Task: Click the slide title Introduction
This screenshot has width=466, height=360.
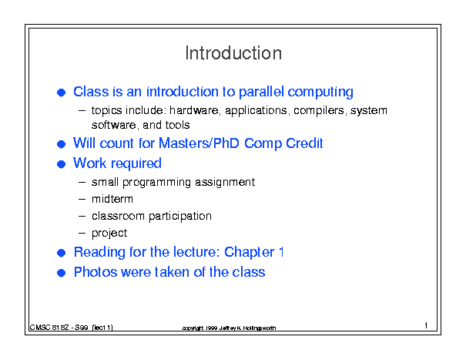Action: point(233,53)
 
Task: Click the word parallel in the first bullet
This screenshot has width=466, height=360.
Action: point(261,92)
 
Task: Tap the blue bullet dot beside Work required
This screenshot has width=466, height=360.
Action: point(61,164)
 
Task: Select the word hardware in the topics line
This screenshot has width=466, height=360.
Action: point(194,110)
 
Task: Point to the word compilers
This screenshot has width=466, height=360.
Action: point(319,111)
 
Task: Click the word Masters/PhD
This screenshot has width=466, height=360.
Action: point(199,143)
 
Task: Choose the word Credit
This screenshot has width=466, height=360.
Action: point(304,143)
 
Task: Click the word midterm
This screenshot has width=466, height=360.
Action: point(112,199)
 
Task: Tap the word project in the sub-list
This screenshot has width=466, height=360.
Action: point(109,233)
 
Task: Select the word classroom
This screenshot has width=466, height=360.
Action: point(118,216)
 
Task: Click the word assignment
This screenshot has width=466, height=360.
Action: point(225,182)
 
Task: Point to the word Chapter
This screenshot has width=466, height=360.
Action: point(249,252)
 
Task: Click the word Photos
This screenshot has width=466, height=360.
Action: point(96,272)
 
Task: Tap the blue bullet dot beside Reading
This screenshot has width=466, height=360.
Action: point(61,253)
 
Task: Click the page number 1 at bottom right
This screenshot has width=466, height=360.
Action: point(426,325)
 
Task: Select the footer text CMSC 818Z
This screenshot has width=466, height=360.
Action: point(49,328)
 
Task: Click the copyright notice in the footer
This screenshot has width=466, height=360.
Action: point(229,328)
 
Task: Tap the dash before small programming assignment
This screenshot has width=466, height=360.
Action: point(82,182)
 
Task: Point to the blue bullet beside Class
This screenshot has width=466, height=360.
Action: point(61,93)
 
